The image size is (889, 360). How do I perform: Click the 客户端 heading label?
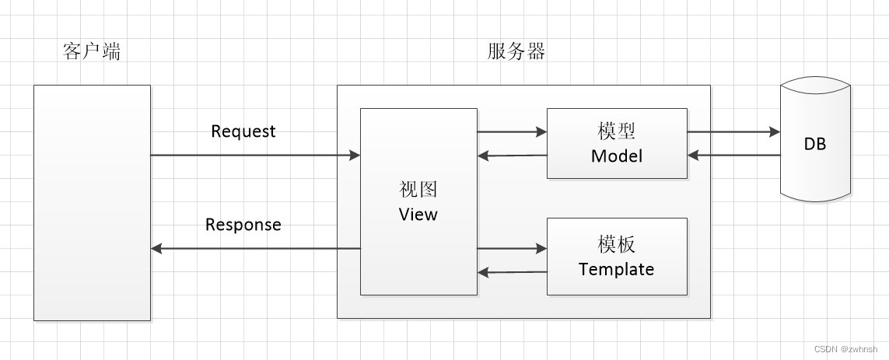pos(91,52)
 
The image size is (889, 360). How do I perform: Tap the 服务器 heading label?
pos(516,52)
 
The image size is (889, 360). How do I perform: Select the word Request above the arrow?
pos(243,131)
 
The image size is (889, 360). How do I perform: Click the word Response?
pos(243,225)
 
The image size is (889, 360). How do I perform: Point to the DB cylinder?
pos(815,144)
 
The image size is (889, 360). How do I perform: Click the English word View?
pos(418,214)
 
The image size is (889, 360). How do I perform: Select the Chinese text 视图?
pos(418,190)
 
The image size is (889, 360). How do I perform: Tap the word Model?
pos(617,156)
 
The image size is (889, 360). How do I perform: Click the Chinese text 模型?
pos(617,131)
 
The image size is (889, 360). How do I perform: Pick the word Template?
pos(616,269)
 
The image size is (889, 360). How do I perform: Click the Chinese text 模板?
pos(617,244)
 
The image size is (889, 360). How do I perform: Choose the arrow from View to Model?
pos(512,132)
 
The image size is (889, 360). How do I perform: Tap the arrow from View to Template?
pos(512,249)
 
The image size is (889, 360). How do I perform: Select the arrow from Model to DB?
pos(733,132)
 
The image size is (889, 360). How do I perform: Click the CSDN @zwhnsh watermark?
pos(849,350)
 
